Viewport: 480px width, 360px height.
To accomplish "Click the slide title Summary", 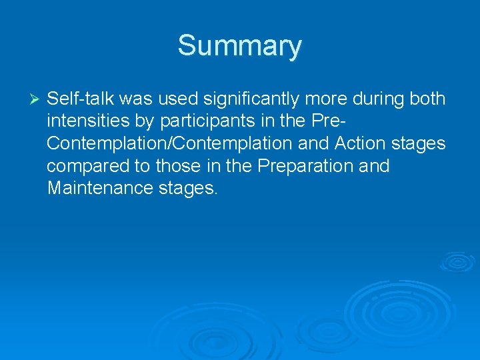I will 239,46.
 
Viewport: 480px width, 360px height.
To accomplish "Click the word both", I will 427,99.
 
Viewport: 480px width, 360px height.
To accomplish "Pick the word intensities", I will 84,121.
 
